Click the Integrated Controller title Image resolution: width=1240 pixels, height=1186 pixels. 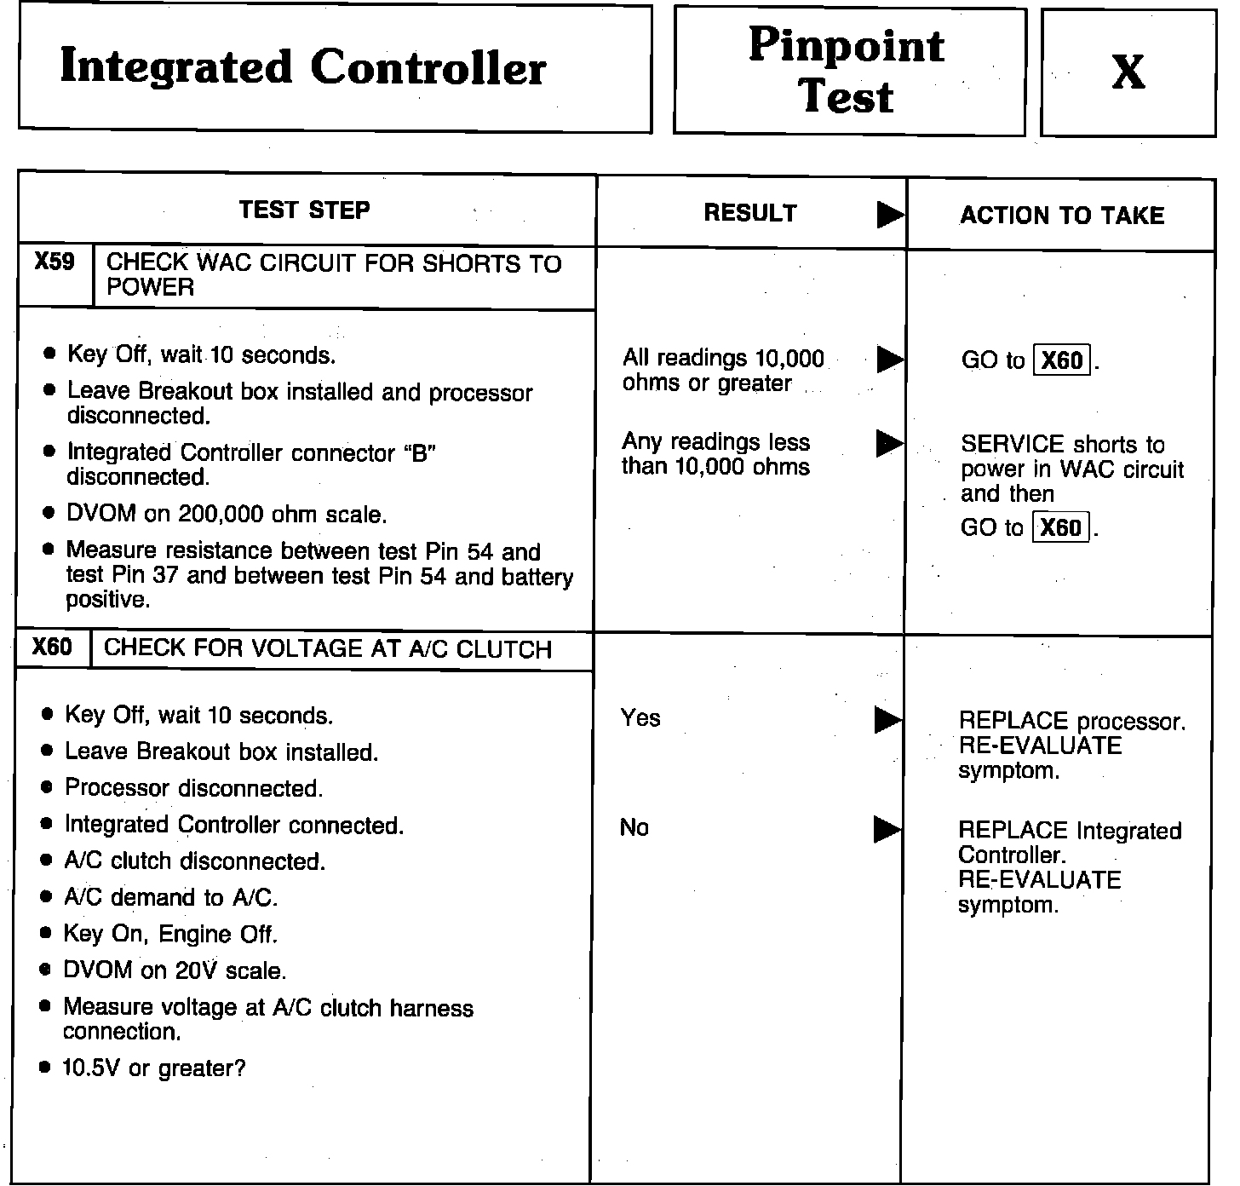303,68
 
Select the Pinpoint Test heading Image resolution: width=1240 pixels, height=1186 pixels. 847,70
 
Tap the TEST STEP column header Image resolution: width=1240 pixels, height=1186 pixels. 305,210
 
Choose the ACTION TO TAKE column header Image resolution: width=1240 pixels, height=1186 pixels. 1062,216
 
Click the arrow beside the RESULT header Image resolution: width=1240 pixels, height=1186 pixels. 890,215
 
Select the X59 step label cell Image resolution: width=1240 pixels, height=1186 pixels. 55,262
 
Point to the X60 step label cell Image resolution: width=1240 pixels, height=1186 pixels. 52,648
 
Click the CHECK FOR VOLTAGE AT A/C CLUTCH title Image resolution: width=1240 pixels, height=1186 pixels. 328,650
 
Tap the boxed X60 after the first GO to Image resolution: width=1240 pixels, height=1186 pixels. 1062,360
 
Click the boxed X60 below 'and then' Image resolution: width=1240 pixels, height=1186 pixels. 1060,527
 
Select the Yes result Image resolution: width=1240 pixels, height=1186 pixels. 640,718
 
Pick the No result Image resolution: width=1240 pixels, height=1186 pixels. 634,827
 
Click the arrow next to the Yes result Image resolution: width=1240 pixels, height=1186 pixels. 888,721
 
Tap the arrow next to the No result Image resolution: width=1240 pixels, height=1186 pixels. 887,829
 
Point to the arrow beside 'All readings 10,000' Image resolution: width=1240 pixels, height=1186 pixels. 890,360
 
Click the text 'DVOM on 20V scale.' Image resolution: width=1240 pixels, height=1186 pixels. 175,970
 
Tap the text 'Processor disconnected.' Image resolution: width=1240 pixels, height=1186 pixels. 194,788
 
